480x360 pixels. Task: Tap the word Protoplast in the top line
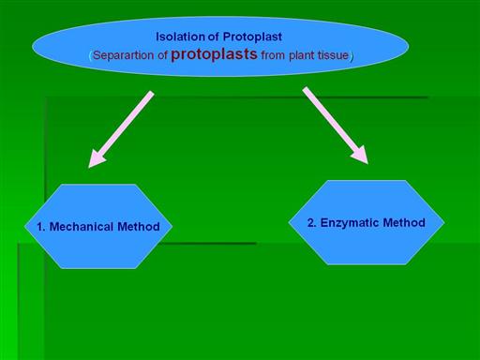click(x=252, y=37)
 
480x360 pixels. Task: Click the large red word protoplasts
click(x=214, y=53)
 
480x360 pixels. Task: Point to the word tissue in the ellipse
click(x=333, y=55)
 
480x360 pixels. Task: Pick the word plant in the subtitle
click(x=302, y=55)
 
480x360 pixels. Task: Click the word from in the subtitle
click(x=273, y=55)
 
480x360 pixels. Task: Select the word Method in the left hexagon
click(x=139, y=227)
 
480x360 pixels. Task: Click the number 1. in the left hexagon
click(x=41, y=227)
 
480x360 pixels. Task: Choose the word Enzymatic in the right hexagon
click(x=350, y=223)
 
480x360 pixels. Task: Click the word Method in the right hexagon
click(x=404, y=223)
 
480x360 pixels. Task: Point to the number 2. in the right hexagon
click(x=312, y=223)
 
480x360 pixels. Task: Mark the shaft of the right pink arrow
click(x=329, y=119)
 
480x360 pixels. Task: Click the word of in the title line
click(x=213, y=37)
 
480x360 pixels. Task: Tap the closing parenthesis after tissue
click(x=352, y=56)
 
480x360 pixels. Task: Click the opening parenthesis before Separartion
click(x=91, y=56)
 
